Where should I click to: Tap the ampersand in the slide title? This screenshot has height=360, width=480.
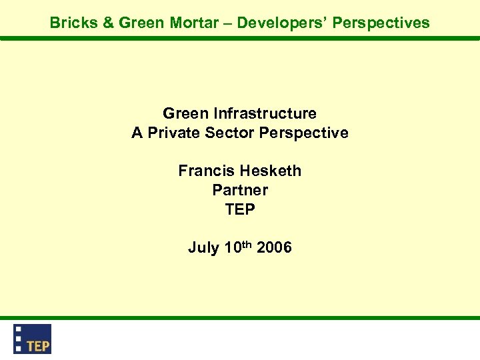click(109, 23)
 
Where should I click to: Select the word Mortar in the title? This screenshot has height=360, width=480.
click(192, 23)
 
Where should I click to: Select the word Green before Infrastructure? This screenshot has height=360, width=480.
click(186, 113)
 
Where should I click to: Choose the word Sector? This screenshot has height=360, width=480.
click(229, 133)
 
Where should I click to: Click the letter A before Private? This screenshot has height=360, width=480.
click(137, 133)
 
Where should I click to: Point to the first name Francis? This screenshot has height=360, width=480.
click(204, 171)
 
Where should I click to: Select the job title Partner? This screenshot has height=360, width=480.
click(240, 190)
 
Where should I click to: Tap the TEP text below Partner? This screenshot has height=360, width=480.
click(240, 209)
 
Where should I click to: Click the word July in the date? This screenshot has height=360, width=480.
click(203, 248)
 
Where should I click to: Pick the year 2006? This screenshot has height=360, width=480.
click(274, 248)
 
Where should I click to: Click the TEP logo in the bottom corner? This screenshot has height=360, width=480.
click(33, 339)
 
